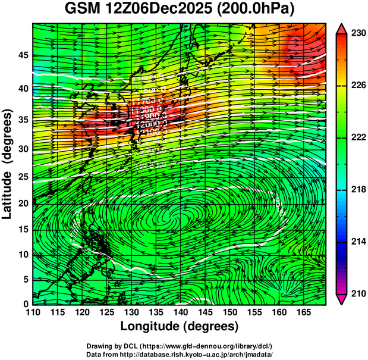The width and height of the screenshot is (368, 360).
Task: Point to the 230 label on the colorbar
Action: click(357, 34)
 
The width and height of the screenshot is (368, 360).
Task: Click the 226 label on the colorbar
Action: click(357, 86)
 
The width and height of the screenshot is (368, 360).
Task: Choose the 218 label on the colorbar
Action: click(357, 190)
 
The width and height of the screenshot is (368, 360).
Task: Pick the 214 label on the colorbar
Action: click(357, 242)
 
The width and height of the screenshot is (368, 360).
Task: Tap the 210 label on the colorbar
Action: click(357, 293)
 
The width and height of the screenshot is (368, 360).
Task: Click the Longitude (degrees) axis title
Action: click(180, 327)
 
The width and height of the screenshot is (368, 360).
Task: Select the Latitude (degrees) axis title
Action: click(8, 164)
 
